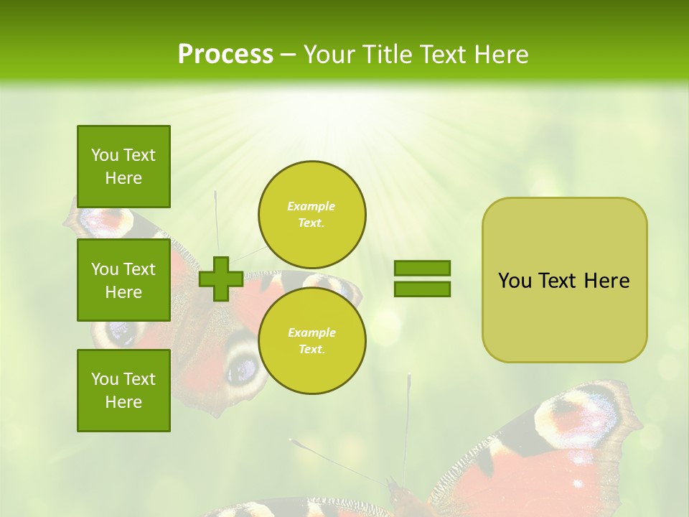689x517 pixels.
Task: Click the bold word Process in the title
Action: coord(225,55)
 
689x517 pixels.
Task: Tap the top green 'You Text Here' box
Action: coord(123,167)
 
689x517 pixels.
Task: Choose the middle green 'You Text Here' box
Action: coord(123,280)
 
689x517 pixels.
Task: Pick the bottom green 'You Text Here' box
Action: coord(123,391)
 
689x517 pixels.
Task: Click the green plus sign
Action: coord(221,279)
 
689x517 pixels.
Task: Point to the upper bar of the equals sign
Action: coord(422,268)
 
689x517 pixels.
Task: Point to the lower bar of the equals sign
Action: coord(422,289)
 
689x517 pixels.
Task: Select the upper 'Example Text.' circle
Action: coord(311,215)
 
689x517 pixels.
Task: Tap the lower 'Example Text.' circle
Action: coord(311,341)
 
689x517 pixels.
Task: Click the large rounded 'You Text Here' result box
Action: coord(564,280)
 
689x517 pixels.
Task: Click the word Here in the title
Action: coord(502,55)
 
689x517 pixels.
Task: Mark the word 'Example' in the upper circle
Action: coord(311,206)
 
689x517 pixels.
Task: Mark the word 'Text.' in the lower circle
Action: coord(311,350)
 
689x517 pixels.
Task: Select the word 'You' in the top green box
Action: coord(104,155)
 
